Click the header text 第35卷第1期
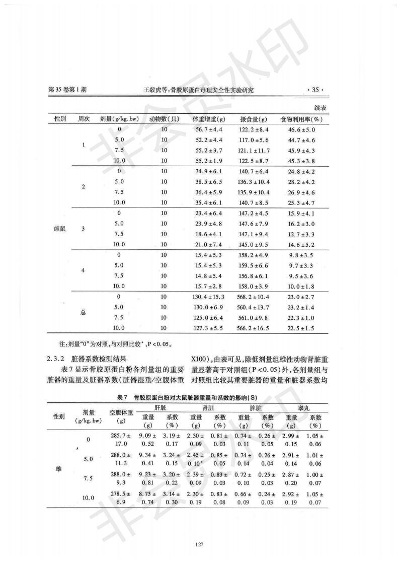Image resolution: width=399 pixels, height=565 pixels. pos(67,90)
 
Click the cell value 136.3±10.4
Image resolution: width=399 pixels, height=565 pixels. pos(253,181)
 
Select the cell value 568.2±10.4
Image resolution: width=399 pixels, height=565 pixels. pos(254,297)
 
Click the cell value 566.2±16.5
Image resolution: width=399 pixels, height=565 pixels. pos(254,328)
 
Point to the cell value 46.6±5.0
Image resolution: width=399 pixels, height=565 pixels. pos(301,130)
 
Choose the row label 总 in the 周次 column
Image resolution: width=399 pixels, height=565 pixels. pos(84,312)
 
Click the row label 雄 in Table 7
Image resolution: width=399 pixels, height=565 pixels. pos(59,469)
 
